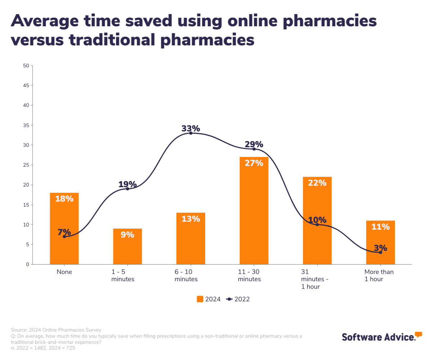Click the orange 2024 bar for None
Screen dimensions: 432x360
[64, 228]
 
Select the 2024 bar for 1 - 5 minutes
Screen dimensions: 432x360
[127, 246]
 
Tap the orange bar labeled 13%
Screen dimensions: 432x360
[191, 238]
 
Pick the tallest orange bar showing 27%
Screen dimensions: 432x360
[254, 211]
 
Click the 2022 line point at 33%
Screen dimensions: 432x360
[191, 133]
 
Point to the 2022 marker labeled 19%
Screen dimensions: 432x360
[127, 189]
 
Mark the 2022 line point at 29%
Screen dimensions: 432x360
[254, 149]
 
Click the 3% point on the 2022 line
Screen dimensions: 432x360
[381, 252]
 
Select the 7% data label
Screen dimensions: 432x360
[64, 232]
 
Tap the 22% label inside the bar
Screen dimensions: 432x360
[317, 183]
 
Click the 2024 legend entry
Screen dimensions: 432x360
[208, 299]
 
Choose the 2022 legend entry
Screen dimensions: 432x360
[238, 299]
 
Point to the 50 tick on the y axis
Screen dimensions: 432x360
[26, 66]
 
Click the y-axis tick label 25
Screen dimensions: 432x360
[26, 165]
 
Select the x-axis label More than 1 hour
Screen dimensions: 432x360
[379, 275]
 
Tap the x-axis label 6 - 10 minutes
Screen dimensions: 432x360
[186, 275]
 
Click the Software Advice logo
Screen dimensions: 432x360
[382, 337]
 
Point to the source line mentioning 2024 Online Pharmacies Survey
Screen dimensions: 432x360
[56, 330]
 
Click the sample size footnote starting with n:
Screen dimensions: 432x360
[43, 348]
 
